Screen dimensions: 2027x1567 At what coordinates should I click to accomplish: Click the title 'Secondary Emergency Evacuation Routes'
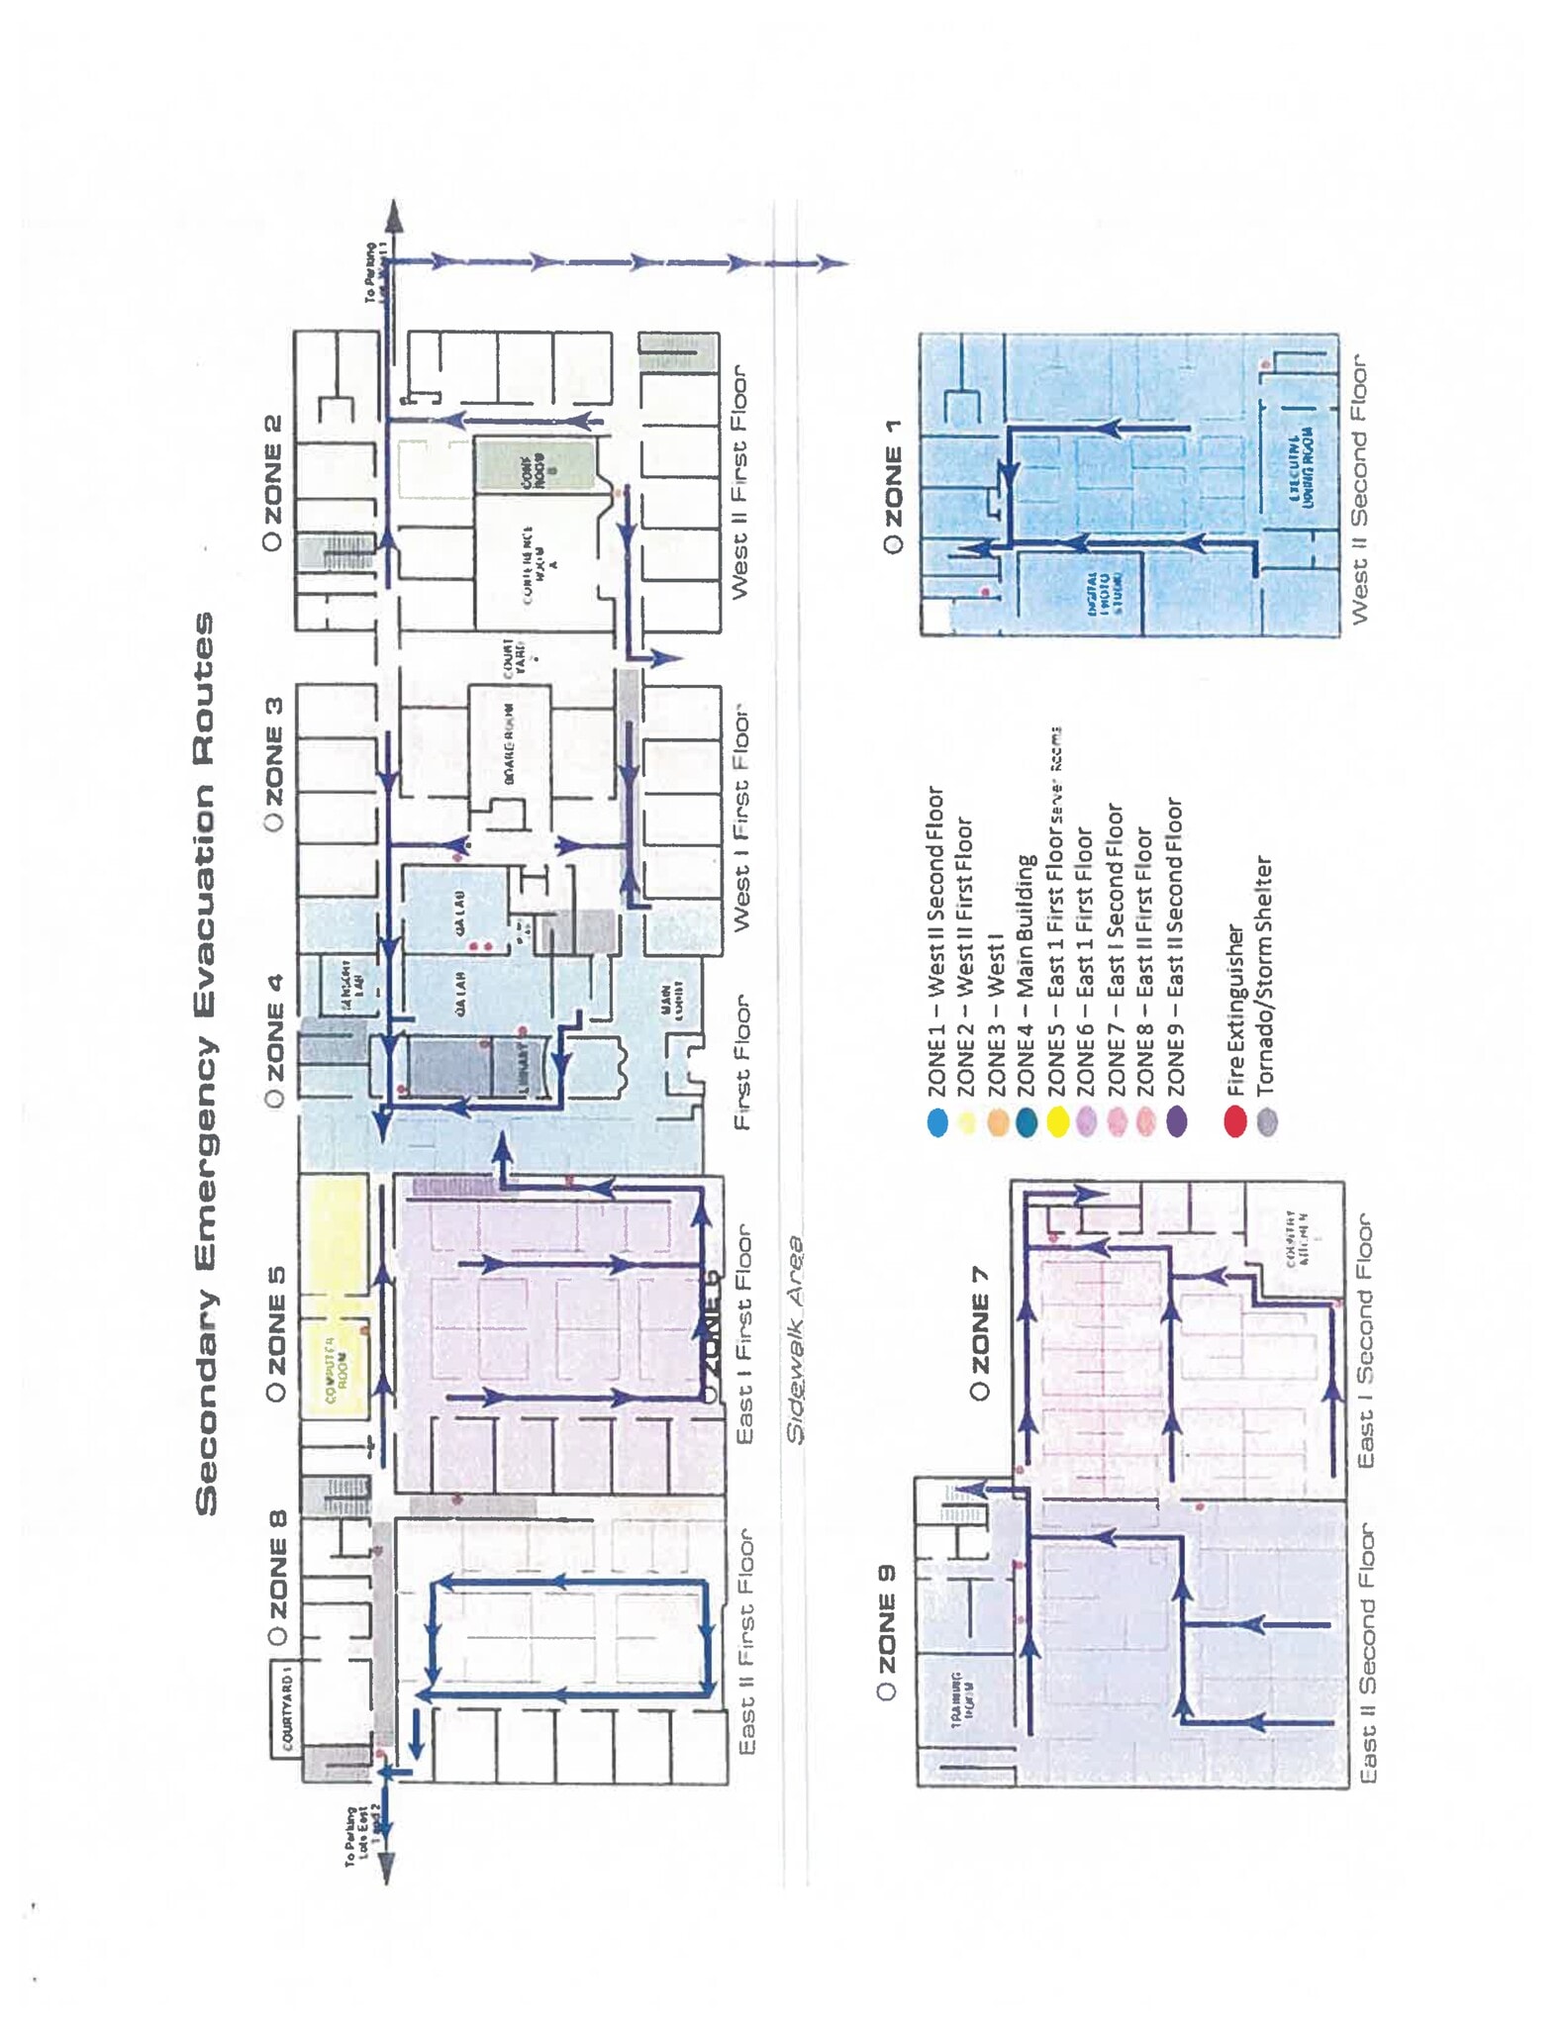pyautogui.click(x=204, y=1064)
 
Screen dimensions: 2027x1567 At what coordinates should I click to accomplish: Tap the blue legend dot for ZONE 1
pyautogui.click(x=937, y=1122)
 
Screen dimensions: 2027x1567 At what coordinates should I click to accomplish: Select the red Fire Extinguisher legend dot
pyautogui.click(x=1234, y=1122)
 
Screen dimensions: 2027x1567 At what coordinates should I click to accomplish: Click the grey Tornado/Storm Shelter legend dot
pyautogui.click(x=1266, y=1122)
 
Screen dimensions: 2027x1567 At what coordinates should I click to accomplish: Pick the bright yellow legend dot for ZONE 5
pyautogui.click(x=1056, y=1122)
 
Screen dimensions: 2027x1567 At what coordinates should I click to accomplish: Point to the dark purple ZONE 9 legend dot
pyautogui.click(x=1175, y=1122)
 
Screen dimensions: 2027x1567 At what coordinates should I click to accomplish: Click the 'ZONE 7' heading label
pyautogui.click(x=979, y=1331)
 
